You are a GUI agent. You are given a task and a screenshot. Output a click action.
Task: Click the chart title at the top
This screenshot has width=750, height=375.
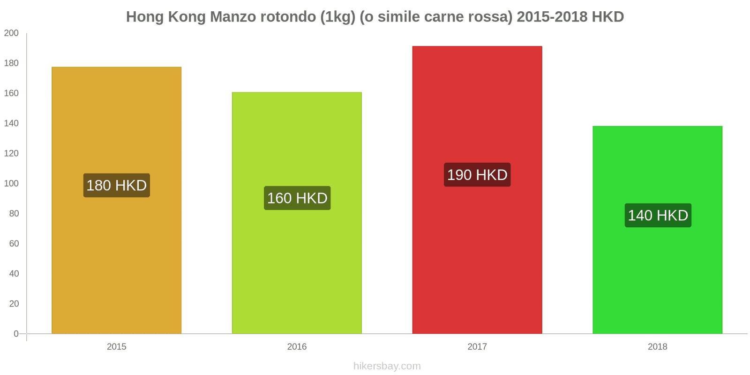click(x=375, y=17)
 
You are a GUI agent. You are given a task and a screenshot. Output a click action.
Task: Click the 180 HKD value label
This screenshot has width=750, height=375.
click(x=117, y=186)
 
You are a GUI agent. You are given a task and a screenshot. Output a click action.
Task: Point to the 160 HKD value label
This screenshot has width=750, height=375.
click(x=297, y=198)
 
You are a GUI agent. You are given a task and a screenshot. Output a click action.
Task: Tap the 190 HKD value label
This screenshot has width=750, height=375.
click(x=477, y=175)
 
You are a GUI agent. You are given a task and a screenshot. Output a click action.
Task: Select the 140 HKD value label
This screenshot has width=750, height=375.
click(x=658, y=216)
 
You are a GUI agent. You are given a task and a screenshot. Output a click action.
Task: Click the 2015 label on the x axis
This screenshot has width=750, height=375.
click(x=116, y=347)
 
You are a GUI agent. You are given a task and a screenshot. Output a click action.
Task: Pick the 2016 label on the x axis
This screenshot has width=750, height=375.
click(x=297, y=347)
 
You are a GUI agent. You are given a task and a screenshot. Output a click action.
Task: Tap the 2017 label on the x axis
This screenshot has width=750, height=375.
click(x=477, y=347)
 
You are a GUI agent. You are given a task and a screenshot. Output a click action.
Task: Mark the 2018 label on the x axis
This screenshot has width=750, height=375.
click(x=657, y=347)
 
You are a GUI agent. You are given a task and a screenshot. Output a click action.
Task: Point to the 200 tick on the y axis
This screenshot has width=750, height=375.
click(x=11, y=33)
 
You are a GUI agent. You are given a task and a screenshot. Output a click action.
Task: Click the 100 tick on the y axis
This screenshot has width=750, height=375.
click(x=11, y=183)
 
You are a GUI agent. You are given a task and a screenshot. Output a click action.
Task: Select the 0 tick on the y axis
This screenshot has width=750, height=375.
click(x=16, y=334)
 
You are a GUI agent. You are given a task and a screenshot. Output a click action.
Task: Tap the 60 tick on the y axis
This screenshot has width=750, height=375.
click(x=14, y=244)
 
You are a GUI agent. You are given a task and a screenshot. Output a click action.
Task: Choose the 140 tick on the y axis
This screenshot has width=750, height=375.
click(x=11, y=123)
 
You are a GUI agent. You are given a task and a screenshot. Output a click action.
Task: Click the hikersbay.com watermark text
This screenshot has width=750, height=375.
click(x=387, y=366)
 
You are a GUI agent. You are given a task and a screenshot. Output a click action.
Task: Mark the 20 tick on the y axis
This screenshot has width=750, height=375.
click(x=14, y=304)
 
